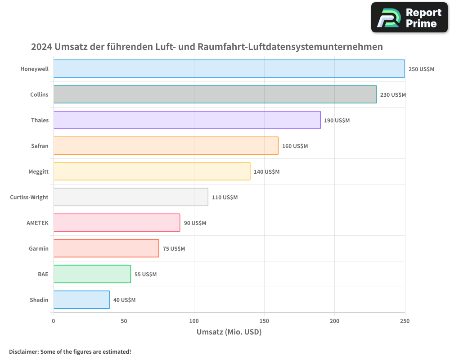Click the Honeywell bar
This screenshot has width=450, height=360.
229,69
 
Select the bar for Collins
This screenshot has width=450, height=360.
215,94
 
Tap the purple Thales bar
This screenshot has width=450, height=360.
187,120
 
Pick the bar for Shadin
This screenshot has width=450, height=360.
81,300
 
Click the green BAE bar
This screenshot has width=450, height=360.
92,274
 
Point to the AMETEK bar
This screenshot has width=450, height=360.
117,223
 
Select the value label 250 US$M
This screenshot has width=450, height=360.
421,69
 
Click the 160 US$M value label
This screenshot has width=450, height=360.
295,146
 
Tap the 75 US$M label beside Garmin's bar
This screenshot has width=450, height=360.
174,249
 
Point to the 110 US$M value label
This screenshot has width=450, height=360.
225,198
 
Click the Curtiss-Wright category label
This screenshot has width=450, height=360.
29,198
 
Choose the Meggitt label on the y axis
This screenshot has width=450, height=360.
38,172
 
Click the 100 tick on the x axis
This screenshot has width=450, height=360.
194,321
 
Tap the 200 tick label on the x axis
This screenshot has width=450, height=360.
334,321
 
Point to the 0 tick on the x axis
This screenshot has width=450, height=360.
54,321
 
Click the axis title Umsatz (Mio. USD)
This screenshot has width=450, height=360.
229,332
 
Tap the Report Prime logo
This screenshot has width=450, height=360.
409,18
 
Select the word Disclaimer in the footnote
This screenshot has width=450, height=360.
23,351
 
